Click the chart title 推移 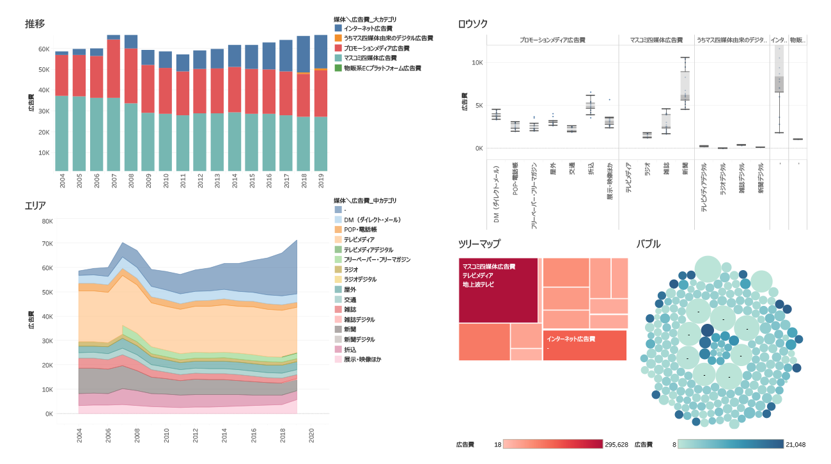click(35, 24)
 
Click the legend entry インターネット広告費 click(368, 29)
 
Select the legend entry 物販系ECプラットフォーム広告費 click(382, 68)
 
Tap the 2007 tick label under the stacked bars click(114, 180)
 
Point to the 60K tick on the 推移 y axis click(44, 49)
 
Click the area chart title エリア click(35, 205)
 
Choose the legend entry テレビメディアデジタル click(368, 250)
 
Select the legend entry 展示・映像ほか click(362, 360)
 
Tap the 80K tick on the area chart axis click(47, 221)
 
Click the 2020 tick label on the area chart click(311, 435)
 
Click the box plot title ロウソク click(472, 24)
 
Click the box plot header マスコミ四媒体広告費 click(656, 40)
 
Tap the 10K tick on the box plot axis click(477, 63)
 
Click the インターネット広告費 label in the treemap click(571, 339)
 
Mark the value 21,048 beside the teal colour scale click(795, 444)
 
